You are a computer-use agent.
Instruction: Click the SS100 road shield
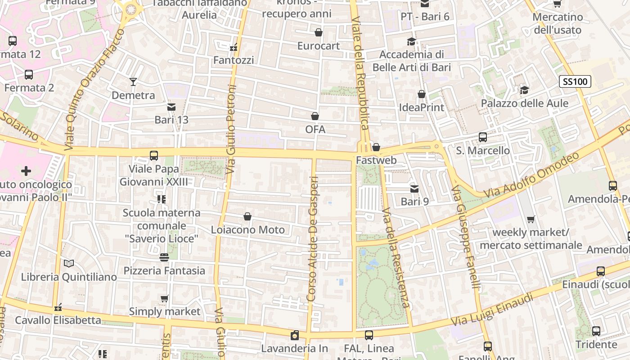pos(575,82)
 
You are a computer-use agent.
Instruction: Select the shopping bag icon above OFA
pos(315,117)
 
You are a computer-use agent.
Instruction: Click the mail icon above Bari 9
pos(414,189)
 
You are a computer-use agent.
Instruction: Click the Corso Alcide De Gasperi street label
pos(313,238)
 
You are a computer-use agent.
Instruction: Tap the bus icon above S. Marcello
pos(483,137)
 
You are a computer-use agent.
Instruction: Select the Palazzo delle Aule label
pos(525,103)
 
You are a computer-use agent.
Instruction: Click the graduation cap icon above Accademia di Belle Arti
pos(411,42)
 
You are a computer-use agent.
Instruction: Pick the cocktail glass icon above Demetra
pos(133,82)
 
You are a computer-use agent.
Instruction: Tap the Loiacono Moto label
pos(248,230)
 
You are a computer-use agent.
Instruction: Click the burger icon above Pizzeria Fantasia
pos(164,257)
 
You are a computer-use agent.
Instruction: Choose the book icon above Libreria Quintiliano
pos(68,264)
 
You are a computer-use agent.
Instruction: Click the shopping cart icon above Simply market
pos(165,298)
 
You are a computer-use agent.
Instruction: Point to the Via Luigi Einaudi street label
pos(493,310)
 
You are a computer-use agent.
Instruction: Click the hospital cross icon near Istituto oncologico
pos(26,171)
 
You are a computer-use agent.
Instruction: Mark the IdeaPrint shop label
pos(422,108)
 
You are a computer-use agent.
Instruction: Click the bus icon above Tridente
pos(596,331)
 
